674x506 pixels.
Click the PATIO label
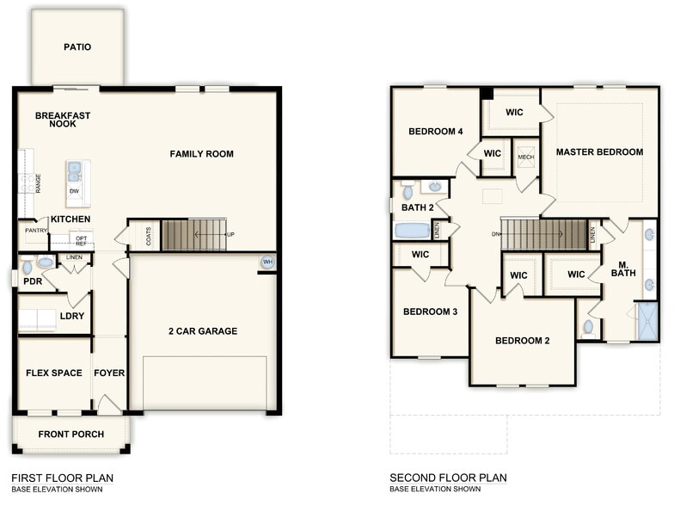77,47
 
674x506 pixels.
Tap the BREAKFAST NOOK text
63,120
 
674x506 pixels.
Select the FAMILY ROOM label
201,154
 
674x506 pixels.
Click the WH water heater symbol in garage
267,262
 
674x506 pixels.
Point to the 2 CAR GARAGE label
203,331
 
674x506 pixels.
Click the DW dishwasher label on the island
74,191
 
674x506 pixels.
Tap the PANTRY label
35,231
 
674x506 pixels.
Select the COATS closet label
149,236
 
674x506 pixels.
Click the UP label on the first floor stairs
230,234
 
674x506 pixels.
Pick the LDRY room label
71,316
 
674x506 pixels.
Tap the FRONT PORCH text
71,435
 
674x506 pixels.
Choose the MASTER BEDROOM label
599,152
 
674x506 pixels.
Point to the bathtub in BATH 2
412,231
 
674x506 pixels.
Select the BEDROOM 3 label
431,312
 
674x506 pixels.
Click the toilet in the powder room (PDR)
27,267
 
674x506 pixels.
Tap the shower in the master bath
646,321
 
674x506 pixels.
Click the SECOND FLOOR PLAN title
448,478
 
